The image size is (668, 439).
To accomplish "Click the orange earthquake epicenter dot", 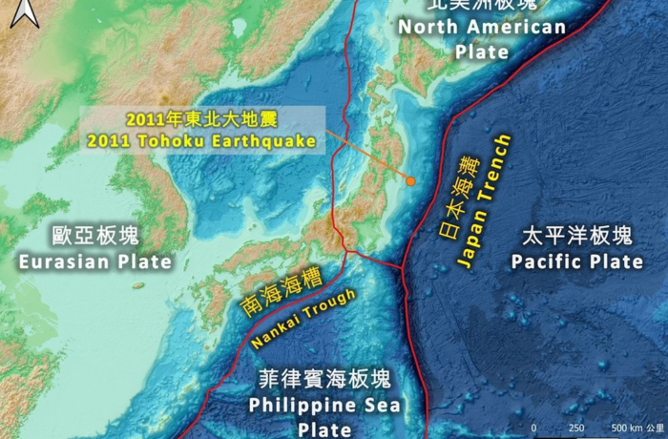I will [410, 180].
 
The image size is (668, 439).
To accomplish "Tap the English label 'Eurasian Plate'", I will [94, 261].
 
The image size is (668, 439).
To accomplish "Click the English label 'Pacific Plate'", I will [576, 261].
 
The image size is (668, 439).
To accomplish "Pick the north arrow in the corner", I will [29, 13].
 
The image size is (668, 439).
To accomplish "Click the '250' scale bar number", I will [576, 428].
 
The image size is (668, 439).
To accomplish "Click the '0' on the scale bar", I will [534, 428].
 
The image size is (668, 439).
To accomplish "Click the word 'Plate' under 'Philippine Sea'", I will [324, 429].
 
